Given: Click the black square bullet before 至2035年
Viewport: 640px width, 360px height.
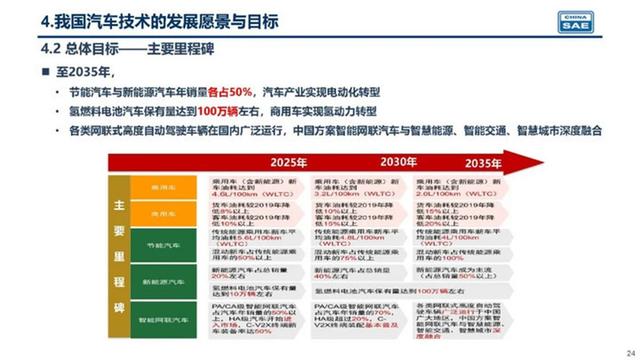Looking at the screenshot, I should click(x=44, y=72).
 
